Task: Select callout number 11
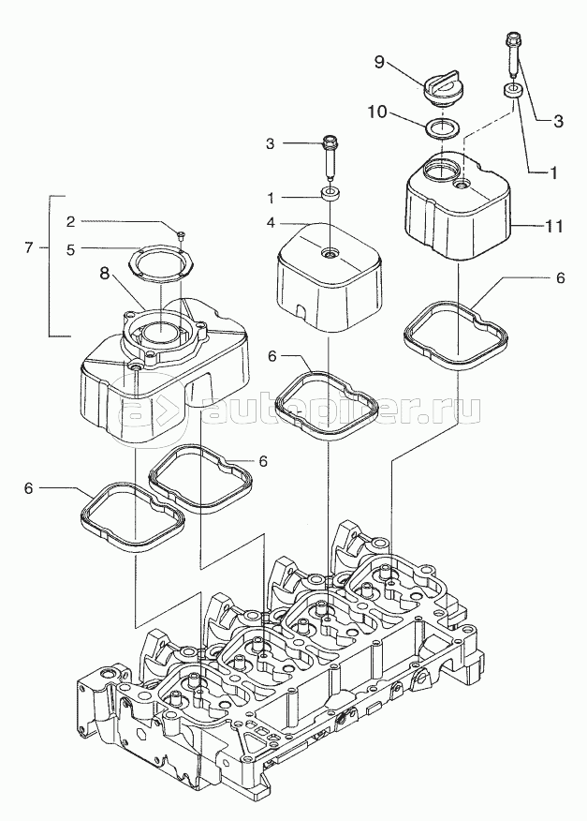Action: (x=554, y=226)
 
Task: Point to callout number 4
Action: (x=270, y=223)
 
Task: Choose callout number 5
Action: (x=96, y=249)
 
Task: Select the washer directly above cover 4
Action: (x=330, y=194)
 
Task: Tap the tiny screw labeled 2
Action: (x=183, y=231)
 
